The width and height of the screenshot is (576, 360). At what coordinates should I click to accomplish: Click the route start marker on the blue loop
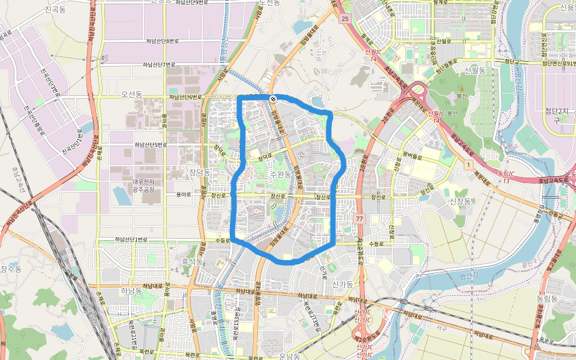[273, 98]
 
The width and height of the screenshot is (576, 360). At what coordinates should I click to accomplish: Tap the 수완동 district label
[280, 174]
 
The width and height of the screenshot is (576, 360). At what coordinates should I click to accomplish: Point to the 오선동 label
[131, 95]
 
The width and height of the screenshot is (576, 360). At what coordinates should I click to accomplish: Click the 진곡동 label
[55, 10]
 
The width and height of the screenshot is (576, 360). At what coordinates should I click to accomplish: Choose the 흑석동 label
[192, 262]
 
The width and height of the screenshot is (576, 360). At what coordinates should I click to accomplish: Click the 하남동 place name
[131, 290]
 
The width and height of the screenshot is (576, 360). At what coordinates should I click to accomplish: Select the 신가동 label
[343, 285]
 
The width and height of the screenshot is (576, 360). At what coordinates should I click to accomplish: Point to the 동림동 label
[547, 298]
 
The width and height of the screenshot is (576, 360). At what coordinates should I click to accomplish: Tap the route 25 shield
[344, 19]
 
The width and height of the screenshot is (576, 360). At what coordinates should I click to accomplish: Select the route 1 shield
[467, 164]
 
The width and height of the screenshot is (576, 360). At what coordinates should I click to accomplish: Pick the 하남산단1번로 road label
[131, 240]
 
